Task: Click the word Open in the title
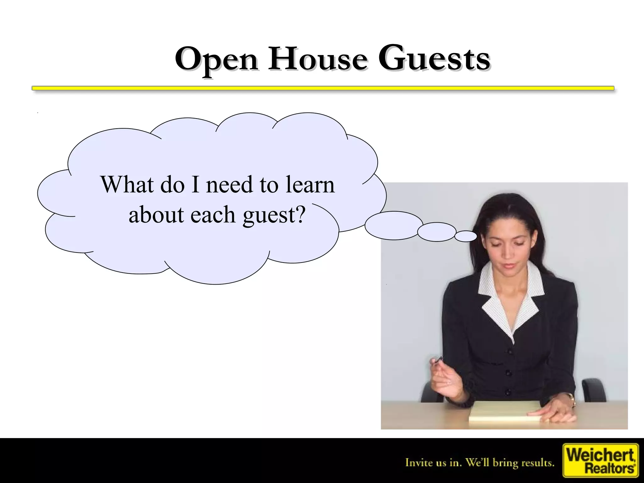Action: pos(217,59)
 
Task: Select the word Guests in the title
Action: pos(434,59)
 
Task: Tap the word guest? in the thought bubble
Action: pos(274,215)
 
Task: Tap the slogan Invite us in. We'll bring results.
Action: pos(480,463)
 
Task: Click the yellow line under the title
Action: pos(323,88)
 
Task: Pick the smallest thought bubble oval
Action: pos(466,236)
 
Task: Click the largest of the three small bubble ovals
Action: pos(394,225)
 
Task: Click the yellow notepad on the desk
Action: pos(503,412)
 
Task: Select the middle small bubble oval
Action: pos(437,232)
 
